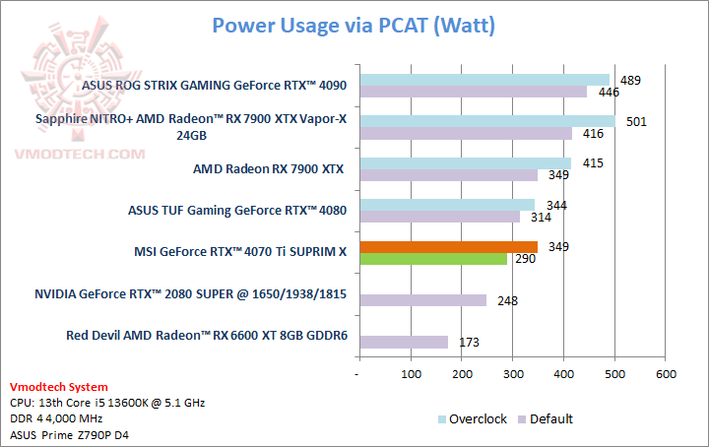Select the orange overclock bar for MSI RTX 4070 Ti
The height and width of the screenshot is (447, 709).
click(449, 246)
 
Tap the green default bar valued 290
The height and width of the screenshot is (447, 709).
click(433, 259)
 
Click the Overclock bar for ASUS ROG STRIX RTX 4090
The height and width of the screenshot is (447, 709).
click(484, 80)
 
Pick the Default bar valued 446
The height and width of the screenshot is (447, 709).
click(474, 93)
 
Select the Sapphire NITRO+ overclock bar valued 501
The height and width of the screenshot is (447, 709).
click(487, 121)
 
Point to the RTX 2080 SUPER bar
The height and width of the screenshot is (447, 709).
click(423, 299)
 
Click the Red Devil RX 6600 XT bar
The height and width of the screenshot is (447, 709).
click(404, 342)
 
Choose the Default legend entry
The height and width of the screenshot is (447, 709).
click(550, 418)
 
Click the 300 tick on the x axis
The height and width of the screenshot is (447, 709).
click(513, 374)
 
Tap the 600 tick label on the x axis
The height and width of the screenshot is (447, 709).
click(666, 374)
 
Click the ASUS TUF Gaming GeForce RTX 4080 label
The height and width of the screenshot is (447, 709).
click(237, 210)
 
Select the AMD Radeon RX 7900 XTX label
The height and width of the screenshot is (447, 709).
click(268, 168)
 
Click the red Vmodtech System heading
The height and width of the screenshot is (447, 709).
click(59, 387)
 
